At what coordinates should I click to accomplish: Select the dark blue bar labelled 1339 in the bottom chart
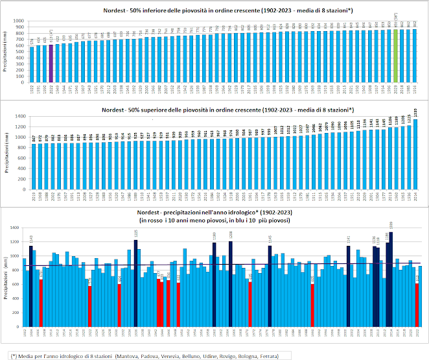(x=391, y=278)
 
